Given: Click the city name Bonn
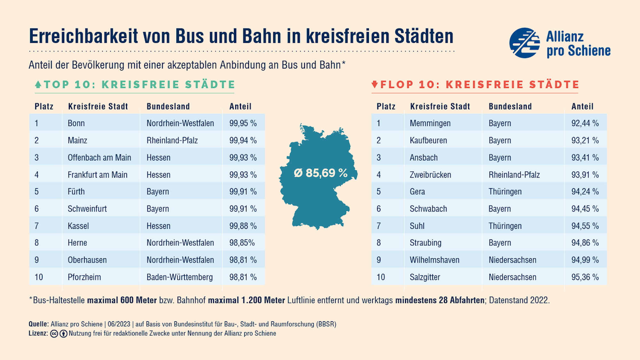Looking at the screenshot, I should (x=76, y=123).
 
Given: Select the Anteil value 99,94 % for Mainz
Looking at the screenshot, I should (x=243, y=140).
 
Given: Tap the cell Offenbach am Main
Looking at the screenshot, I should (x=99, y=157).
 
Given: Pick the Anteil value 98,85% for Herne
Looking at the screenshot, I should (x=242, y=243).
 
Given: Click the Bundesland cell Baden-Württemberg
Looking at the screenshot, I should (x=180, y=277).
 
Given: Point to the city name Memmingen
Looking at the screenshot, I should (x=430, y=123).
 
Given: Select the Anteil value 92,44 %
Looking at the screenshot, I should (x=585, y=123).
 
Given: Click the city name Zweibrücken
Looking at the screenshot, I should (x=430, y=175).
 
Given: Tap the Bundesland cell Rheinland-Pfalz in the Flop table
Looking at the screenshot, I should (x=514, y=175).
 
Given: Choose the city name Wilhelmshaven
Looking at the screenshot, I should (x=435, y=260).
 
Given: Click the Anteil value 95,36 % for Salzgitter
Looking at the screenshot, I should (x=585, y=277).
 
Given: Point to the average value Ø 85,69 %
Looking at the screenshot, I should (x=321, y=173).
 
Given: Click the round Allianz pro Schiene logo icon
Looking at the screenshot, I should (x=524, y=43).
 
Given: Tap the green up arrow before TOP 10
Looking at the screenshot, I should (x=38, y=84).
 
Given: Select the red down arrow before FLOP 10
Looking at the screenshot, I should (x=375, y=84).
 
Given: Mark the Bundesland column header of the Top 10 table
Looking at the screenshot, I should (x=168, y=107).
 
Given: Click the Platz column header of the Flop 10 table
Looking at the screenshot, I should (x=386, y=107).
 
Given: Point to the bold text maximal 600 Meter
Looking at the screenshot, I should (x=122, y=300).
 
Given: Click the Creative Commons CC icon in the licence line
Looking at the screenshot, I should (x=54, y=334).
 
